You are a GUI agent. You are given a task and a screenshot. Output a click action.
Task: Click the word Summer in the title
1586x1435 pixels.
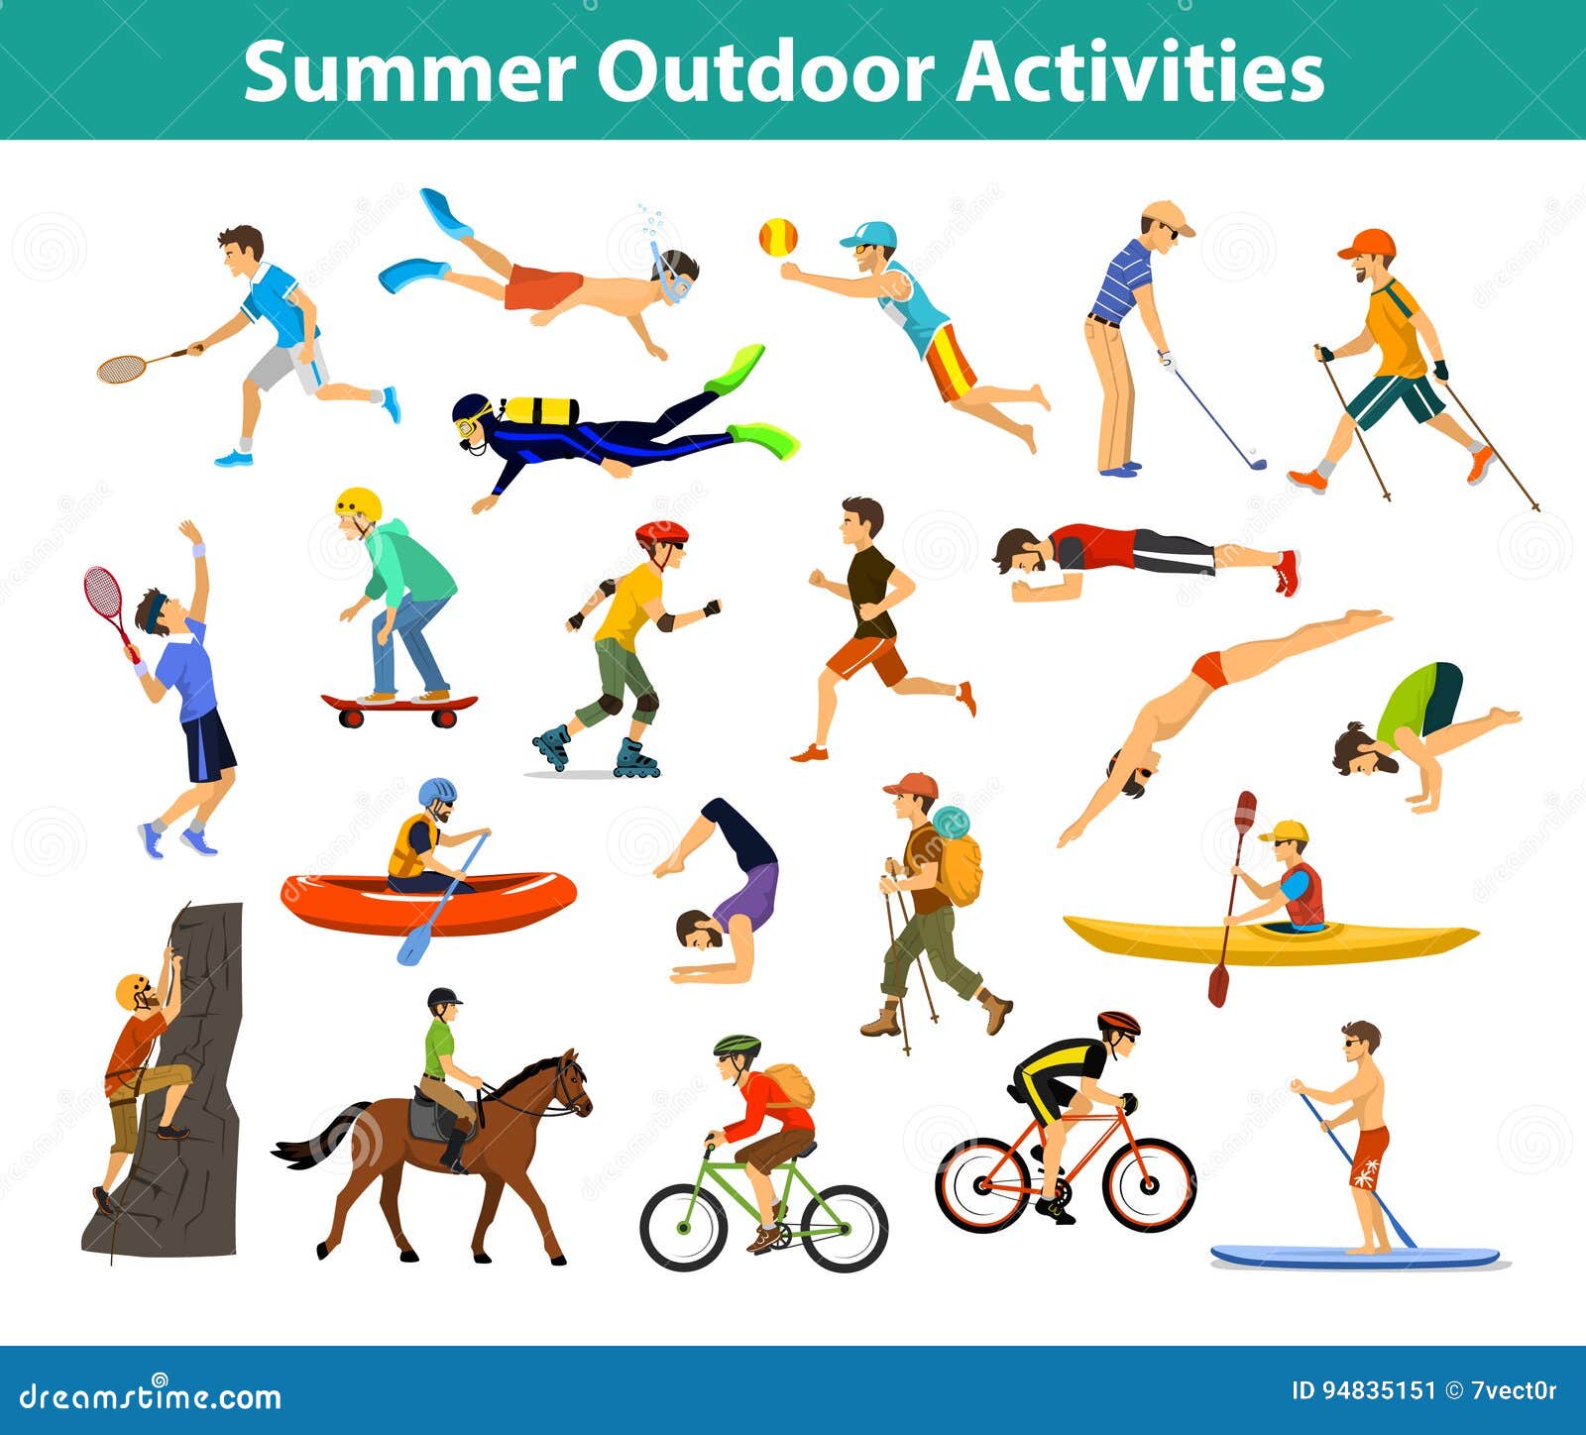pos(409,72)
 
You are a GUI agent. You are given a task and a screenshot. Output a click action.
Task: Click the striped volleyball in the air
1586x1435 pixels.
pos(778,237)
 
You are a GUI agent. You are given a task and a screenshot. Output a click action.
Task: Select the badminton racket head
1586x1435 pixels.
pos(121,369)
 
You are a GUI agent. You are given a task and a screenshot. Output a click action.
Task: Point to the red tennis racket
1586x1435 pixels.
pos(107,605)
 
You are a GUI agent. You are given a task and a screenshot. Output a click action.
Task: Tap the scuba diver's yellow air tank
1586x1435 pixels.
pos(540,410)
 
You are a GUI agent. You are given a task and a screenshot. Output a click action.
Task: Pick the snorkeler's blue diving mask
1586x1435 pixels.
pos(673,279)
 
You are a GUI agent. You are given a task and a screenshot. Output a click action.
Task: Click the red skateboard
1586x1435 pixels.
pos(399,708)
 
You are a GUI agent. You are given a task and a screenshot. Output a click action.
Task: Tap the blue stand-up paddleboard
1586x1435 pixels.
pos(1356,1256)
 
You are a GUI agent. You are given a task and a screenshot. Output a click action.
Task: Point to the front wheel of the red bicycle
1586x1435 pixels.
pos(1149,1184)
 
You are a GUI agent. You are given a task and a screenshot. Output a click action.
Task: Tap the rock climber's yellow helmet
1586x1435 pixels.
pos(131,991)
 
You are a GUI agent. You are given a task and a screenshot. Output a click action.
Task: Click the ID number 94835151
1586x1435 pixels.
pos(1364,1391)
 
